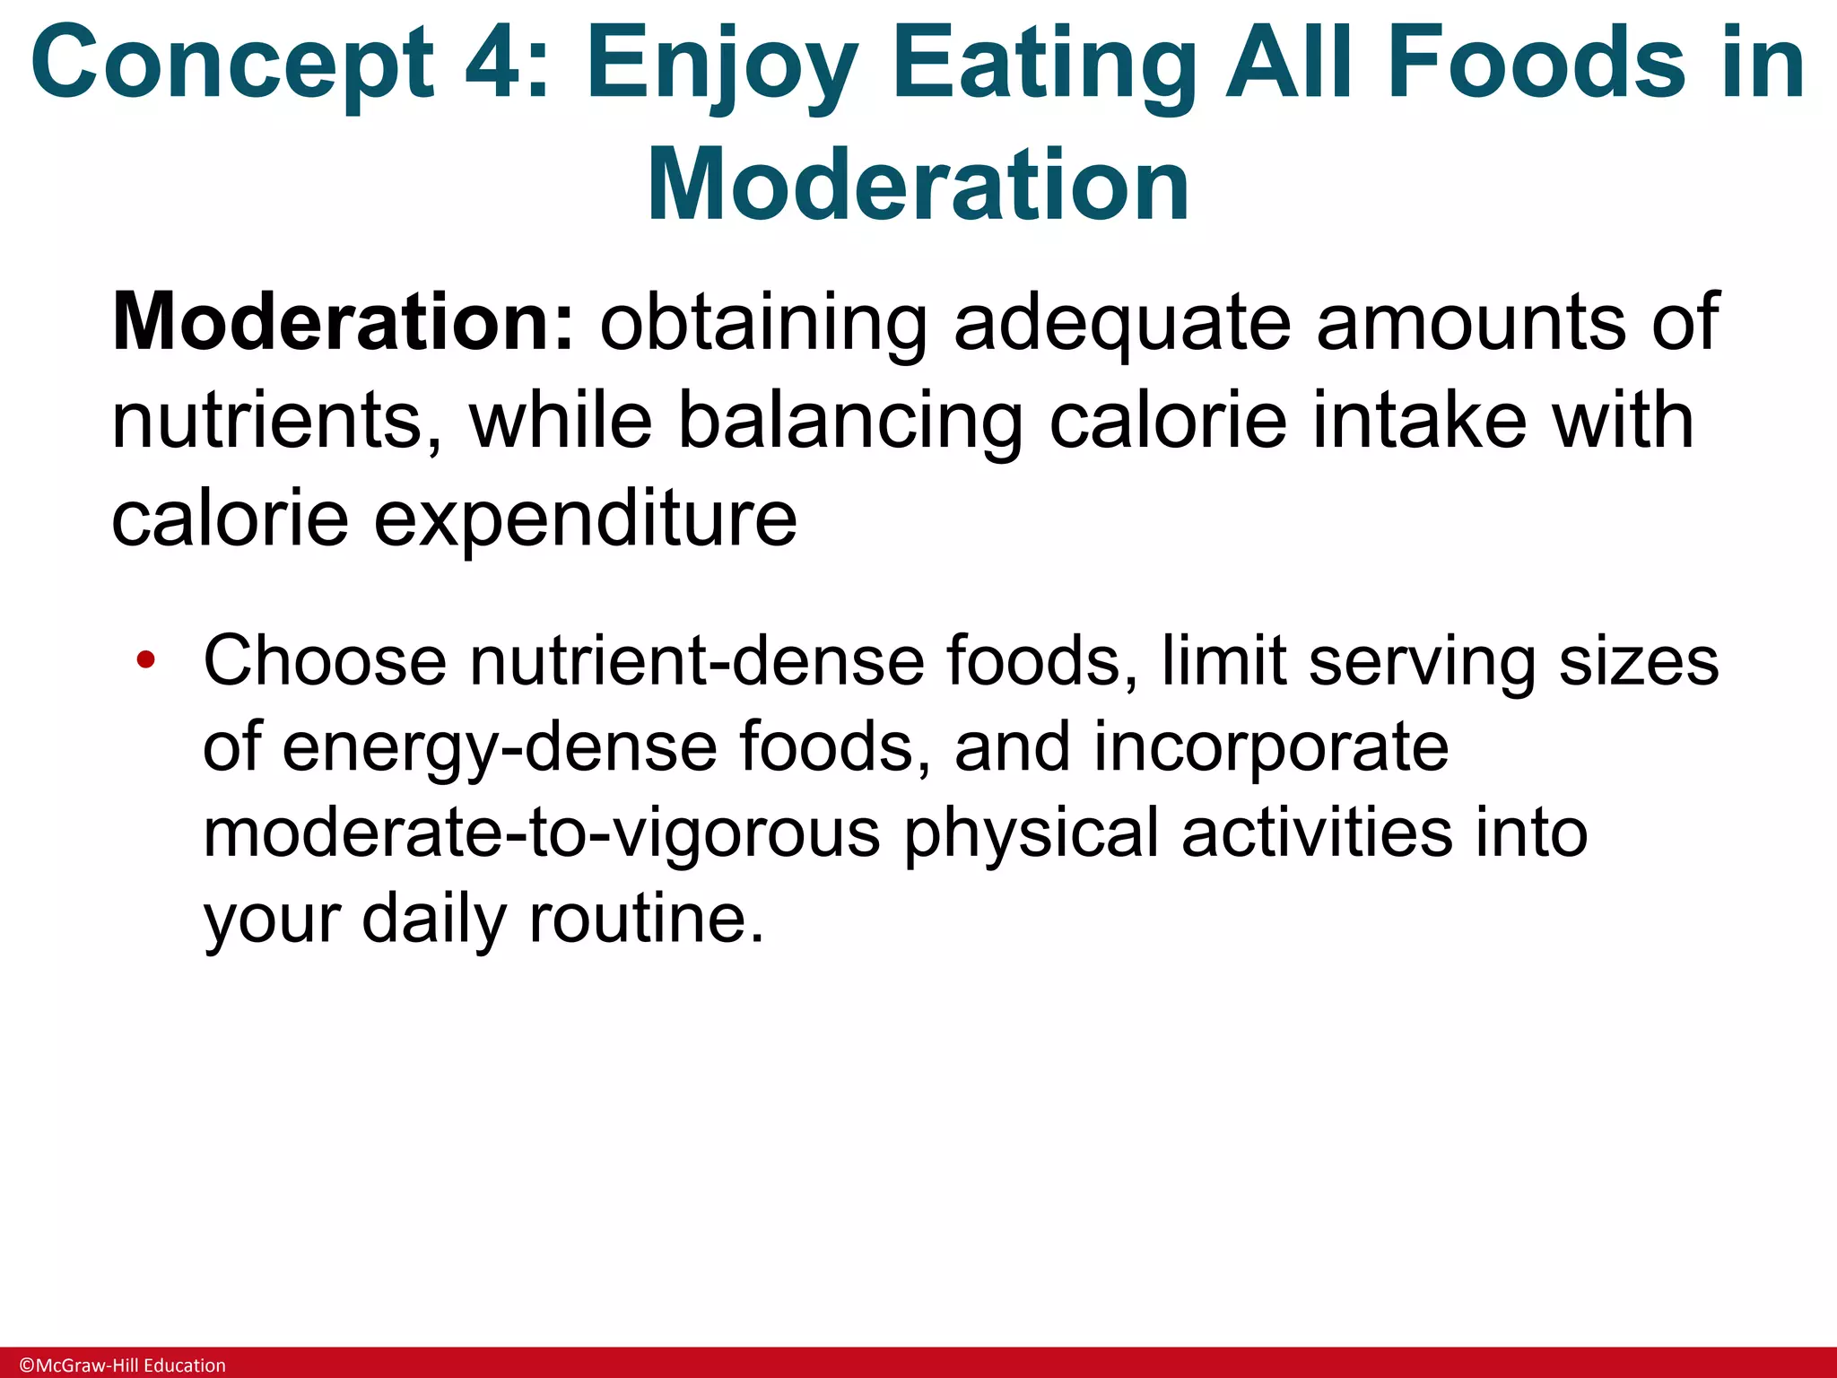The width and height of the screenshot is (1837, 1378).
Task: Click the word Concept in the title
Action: [x=231, y=65]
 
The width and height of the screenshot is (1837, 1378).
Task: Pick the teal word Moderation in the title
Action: [x=918, y=186]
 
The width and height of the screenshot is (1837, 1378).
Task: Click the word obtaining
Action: [x=763, y=324]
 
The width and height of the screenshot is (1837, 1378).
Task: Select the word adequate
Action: [x=1121, y=324]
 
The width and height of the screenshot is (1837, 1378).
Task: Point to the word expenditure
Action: [x=584, y=519]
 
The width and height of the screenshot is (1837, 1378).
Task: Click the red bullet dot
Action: [x=146, y=661]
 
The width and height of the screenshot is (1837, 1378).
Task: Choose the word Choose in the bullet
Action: [x=325, y=661]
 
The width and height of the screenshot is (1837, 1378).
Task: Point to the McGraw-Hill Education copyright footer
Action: [x=123, y=1365]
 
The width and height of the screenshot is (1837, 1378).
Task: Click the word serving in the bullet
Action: [x=1422, y=661]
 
